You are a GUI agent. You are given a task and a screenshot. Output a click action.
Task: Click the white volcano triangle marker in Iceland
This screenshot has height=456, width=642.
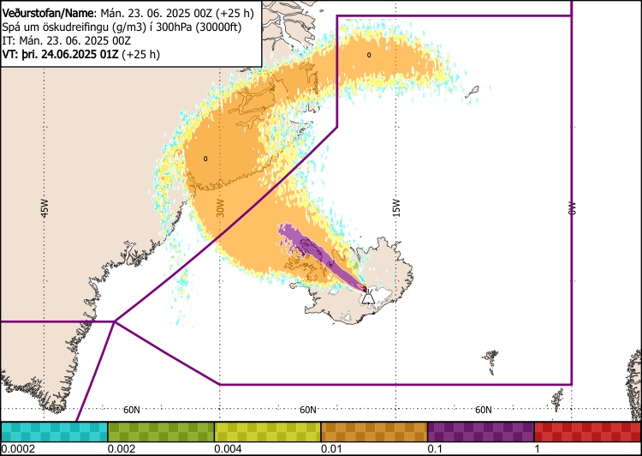(x=367, y=297)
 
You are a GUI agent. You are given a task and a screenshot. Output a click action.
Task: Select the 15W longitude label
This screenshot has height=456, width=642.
(x=395, y=208)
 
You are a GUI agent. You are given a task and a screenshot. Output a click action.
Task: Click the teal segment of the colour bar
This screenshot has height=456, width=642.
(x=54, y=430)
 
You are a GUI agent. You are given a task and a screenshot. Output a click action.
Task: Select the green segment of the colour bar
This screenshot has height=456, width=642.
(x=161, y=430)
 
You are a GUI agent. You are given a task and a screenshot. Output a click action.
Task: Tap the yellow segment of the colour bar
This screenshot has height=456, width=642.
(x=267, y=430)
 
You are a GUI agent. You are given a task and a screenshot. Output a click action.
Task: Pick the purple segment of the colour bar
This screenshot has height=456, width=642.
(x=480, y=430)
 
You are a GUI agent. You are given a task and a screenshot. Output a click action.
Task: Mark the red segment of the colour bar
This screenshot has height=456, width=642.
(x=587, y=430)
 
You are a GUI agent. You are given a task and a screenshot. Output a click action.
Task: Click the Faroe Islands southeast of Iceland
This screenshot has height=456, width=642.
(x=490, y=356)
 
